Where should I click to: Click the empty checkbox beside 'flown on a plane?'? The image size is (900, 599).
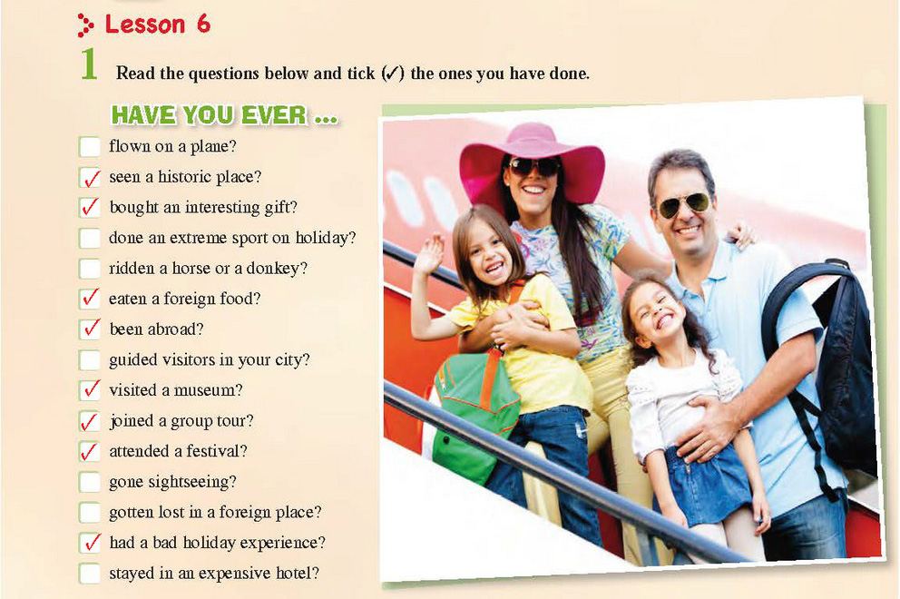(x=90, y=146)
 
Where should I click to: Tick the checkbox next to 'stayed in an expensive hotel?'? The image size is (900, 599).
(x=90, y=574)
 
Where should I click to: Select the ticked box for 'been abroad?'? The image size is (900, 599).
(x=90, y=329)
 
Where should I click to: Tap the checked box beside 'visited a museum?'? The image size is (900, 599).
(x=90, y=390)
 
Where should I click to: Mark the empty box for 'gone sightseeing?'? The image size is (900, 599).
(x=90, y=482)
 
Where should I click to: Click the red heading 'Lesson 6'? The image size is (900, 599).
(x=157, y=25)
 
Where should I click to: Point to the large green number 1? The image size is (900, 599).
(x=89, y=64)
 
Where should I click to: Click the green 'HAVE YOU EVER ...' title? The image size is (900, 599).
(x=224, y=115)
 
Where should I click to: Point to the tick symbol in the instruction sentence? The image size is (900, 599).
(x=393, y=74)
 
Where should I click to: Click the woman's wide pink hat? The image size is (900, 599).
(x=532, y=159)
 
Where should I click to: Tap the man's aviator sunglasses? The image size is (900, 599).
(x=683, y=204)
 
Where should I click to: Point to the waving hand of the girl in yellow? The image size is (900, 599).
(x=429, y=253)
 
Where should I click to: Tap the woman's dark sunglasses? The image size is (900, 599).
(x=534, y=167)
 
